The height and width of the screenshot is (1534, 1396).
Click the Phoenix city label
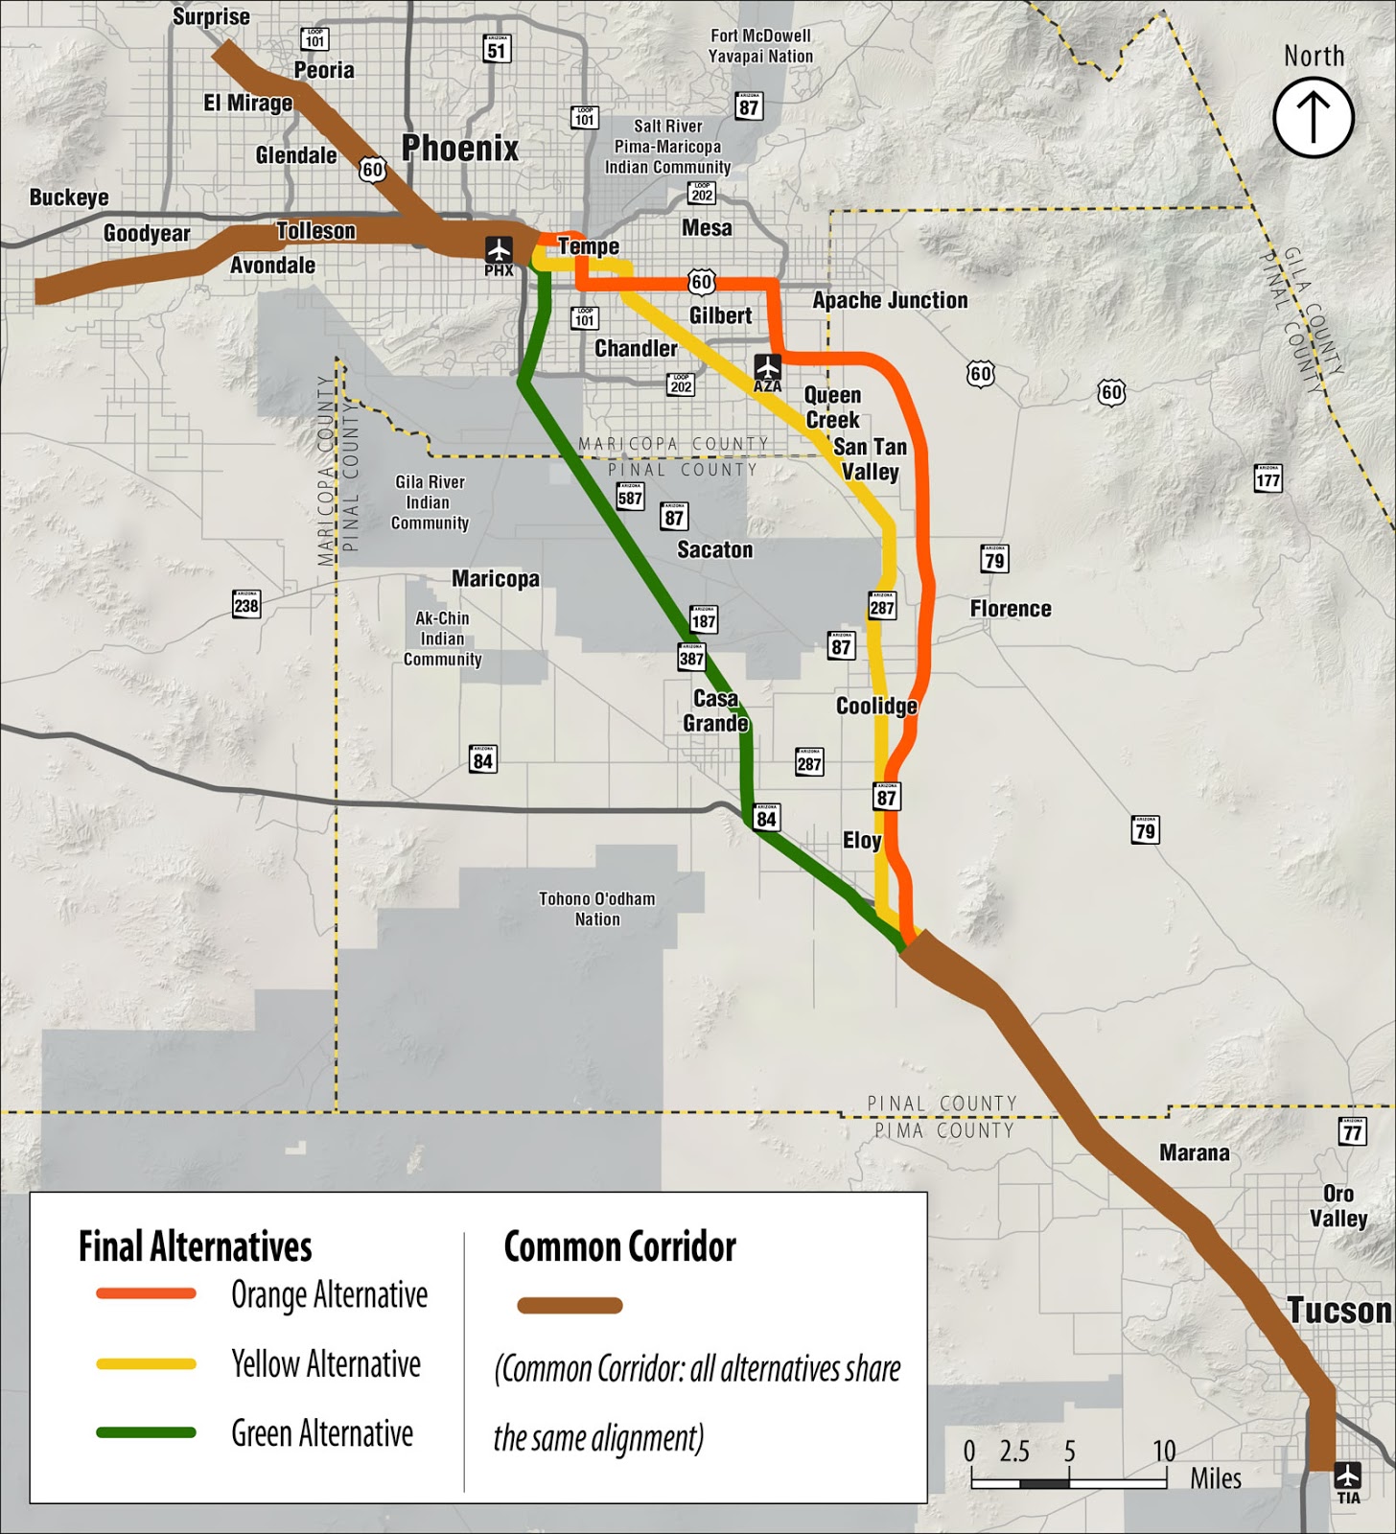(x=460, y=149)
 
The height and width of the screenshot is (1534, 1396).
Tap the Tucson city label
(x=1338, y=1310)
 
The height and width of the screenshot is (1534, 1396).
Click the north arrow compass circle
(x=1313, y=117)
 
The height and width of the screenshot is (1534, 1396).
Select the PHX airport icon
(x=499, y=250)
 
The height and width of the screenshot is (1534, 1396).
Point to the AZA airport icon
(x=767, y=367)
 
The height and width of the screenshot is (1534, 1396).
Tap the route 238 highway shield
(x=246, y=604)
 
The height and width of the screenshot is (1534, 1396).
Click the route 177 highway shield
(x=1268, y=478)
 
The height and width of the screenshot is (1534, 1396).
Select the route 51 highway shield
(x=497, y=49)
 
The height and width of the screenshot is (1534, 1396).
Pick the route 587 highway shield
(x=630, y=497)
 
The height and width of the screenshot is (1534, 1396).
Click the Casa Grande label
(x=715, y=710)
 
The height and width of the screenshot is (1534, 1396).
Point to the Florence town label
(x=1011, y=609)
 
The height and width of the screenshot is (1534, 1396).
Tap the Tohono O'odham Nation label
(x=596, y=909)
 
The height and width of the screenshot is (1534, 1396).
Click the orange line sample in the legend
(x=147, y=1293)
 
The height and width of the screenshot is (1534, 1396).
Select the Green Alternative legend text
(x=322, y=1433)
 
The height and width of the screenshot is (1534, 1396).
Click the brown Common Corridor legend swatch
(x=570, y=1305)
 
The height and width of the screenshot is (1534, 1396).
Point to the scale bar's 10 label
(x=1164, y=1451)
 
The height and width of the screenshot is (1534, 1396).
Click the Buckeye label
(x=69, y=198)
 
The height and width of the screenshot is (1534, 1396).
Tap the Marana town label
(x=1194, y=1152)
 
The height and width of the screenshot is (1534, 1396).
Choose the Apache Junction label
(x=890, y=300)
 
